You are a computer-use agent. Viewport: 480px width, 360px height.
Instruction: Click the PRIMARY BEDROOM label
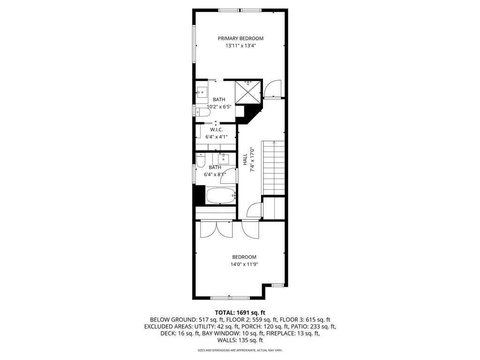tap(240, 38)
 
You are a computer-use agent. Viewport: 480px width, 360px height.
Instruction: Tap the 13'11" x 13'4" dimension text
tap(240, 46)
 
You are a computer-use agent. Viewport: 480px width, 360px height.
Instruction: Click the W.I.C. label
tap(216, 129)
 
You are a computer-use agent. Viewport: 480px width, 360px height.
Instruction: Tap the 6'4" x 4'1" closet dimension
tap(216, 137)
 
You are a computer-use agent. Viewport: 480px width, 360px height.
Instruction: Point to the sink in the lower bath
tap(224, 158)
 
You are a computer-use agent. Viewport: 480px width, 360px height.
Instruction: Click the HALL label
tap(245, 159)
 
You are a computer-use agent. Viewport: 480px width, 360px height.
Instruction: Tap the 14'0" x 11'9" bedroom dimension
tap(244, 264)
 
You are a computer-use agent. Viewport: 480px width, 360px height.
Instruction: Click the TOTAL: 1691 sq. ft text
tap(240, 312)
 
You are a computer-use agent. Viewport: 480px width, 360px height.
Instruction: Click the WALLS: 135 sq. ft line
tap(240, 340)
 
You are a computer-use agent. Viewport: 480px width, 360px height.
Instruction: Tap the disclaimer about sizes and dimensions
tap(240, 350)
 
